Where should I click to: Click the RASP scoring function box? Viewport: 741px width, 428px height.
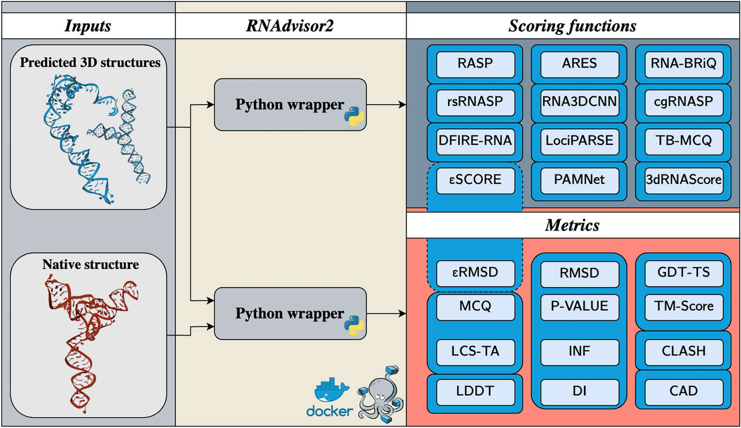(475, 64)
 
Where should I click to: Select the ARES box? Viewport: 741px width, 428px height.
(579, 64)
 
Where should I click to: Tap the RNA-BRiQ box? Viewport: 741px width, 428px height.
(684, 64)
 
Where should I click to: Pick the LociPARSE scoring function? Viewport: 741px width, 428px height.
(579, 140)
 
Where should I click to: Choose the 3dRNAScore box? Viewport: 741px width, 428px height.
(684, 179)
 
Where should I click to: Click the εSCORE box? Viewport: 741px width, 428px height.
(475, 179)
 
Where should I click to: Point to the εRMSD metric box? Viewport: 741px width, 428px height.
(475, 272)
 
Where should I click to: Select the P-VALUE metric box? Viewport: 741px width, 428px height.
(579, 306)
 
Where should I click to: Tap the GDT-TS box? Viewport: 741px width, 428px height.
(684, 272)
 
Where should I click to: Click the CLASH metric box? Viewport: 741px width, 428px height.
(684, 351)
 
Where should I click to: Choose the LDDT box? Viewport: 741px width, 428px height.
(475, 391)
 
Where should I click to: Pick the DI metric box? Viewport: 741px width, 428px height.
(579, 391)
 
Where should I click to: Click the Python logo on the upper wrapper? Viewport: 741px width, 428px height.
(354, 116)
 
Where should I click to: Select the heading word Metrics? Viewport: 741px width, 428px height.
(572, 225)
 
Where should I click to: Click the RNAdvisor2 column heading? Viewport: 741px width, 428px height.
(290, 26)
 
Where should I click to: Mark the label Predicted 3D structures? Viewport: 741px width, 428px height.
(90, 63)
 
